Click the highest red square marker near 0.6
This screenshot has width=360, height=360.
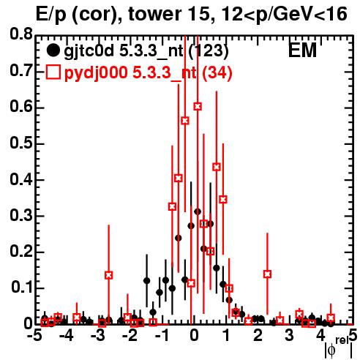pyautogui.click(x=198, y=106)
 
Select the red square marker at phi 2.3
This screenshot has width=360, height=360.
pyautogui.click(x=267, y=274)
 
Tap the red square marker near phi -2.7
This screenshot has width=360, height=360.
pyautogui.click(x=109, y=275)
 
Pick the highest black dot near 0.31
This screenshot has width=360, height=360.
pyautogui.click(x=198, y=211)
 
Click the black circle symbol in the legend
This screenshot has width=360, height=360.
pyautogui.click(x=53, y=50)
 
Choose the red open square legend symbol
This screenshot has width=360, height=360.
pyautogui.click(x=53, y=72)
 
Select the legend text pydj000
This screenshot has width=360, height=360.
pyautogui.click(x=96, y=73)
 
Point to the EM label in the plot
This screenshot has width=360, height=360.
pyautogui.click(x=302, y=50)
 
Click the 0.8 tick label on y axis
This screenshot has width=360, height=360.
pyautogui.click(x=21, y=34)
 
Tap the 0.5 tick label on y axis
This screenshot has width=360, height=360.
pyautogui.click(x=21, y=143)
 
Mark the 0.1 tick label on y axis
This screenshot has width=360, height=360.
pyautogui.click(x=22, y=288)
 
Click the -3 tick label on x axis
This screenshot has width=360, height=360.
pyautogui.click(x=98, y=336)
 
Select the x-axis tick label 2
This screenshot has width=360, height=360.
pyautogui.click(x=258, y=336)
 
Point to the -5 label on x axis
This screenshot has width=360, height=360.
pyautogui.click(x=34, y=336)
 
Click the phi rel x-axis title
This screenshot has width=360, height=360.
pyautogui.click(x=339, y=348)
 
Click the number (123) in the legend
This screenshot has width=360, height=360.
pyautogui.click(x=209, y=51)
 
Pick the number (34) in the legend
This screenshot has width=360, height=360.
pyautogui.click(x=217, y=73)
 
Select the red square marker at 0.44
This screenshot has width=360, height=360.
pyautogui.click(x=217, y=167)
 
